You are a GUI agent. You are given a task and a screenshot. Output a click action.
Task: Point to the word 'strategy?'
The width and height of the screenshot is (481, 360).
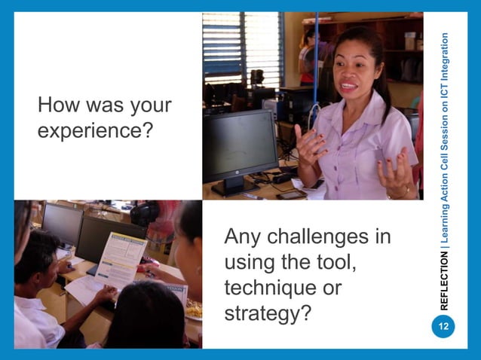(x=268, y=313)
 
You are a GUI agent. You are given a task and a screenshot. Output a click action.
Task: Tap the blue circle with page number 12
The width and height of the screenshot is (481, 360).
(x=443, y=326)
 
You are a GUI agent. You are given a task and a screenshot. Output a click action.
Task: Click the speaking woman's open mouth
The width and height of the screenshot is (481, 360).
(x=348, y=87)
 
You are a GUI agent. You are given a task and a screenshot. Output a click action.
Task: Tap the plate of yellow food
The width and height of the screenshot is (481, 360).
(x=193, y=309)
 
